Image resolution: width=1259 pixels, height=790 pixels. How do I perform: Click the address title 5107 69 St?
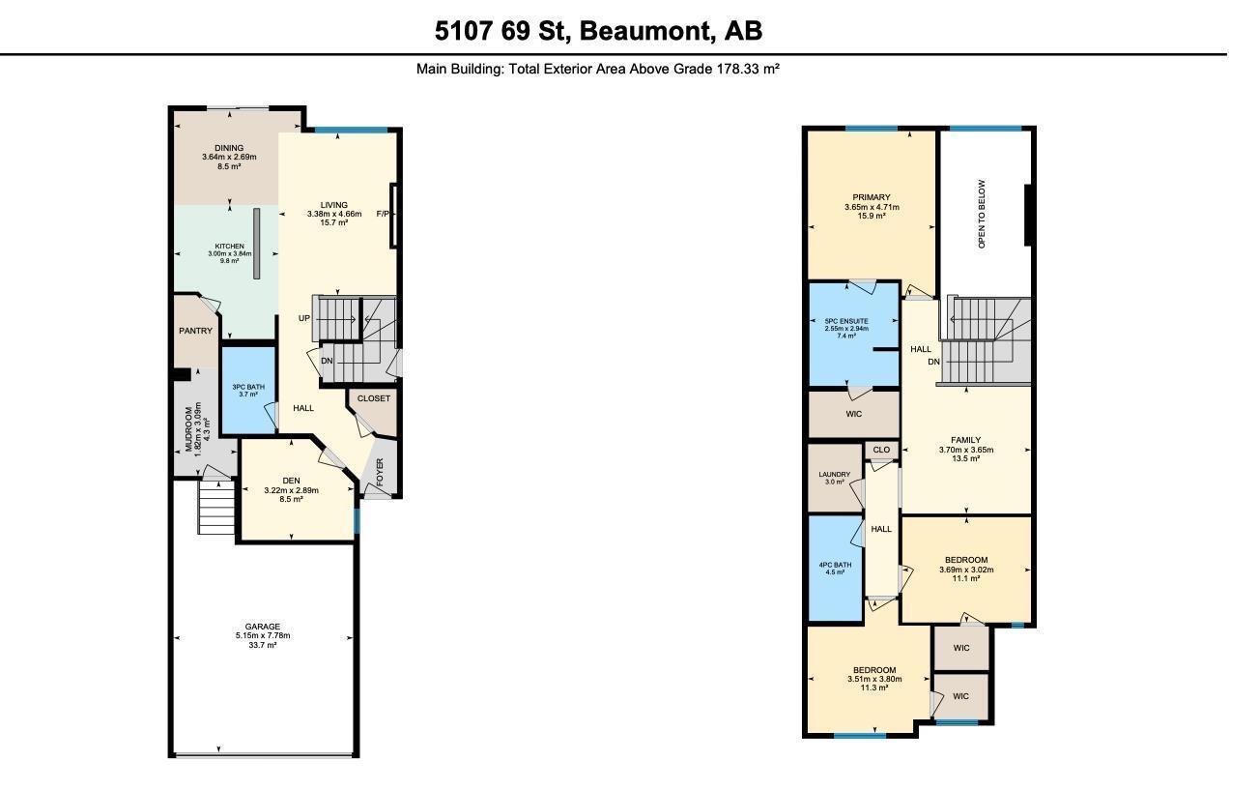click(x=598, y=31)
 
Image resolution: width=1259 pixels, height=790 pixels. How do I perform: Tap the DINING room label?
click(x=229, y=148)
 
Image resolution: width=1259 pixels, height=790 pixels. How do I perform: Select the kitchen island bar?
click(x=257, y=243)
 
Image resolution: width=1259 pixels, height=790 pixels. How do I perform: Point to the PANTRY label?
click(x=195, y=331)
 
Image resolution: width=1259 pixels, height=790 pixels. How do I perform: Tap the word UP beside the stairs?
click(x=303, y=318)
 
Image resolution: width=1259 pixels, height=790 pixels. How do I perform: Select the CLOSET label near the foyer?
click(x=374, y=398)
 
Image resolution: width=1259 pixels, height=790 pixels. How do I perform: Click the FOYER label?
click(x=380, y=472)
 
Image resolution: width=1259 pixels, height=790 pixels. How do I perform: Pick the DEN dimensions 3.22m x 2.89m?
click(x=292, y=490)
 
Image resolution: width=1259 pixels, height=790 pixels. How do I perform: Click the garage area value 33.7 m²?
click(x=262, y=645)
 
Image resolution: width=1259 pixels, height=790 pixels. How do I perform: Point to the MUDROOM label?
click(x=189, y=429)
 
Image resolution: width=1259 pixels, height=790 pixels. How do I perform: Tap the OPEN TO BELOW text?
click(x=982, y=214)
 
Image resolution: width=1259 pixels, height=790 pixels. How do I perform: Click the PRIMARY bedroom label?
click(x=872, y=197)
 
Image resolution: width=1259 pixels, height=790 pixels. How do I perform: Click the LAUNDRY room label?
click(x=834, y=474)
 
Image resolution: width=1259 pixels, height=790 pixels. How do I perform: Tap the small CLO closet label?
click(x=881, y=450)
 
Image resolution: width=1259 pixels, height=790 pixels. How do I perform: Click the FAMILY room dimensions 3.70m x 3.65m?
click(x=965, y=450)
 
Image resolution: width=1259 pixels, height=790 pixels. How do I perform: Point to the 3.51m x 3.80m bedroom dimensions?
click(x=873, y=679)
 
